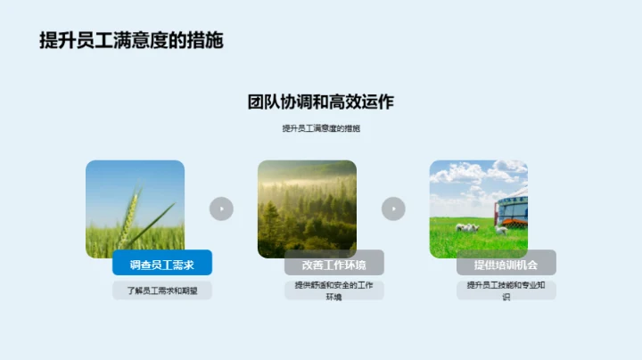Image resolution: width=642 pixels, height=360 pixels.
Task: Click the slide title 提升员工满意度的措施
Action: [131, 40]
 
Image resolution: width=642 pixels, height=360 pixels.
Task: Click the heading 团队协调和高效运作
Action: [320, 102]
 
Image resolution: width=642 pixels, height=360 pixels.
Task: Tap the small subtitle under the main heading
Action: [320, 128]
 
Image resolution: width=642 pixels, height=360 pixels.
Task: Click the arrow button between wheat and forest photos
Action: [221, 209]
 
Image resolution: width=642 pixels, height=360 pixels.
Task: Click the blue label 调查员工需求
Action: [162, 265]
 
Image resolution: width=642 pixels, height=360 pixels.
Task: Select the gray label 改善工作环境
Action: [334, 265]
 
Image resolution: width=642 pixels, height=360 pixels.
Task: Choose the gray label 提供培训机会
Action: [506, 265]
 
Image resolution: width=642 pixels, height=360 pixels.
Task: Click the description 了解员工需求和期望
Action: [162, 290]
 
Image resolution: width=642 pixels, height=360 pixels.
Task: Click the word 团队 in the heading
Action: [262, 102]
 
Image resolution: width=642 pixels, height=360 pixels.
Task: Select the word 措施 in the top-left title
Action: [205, 40]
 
